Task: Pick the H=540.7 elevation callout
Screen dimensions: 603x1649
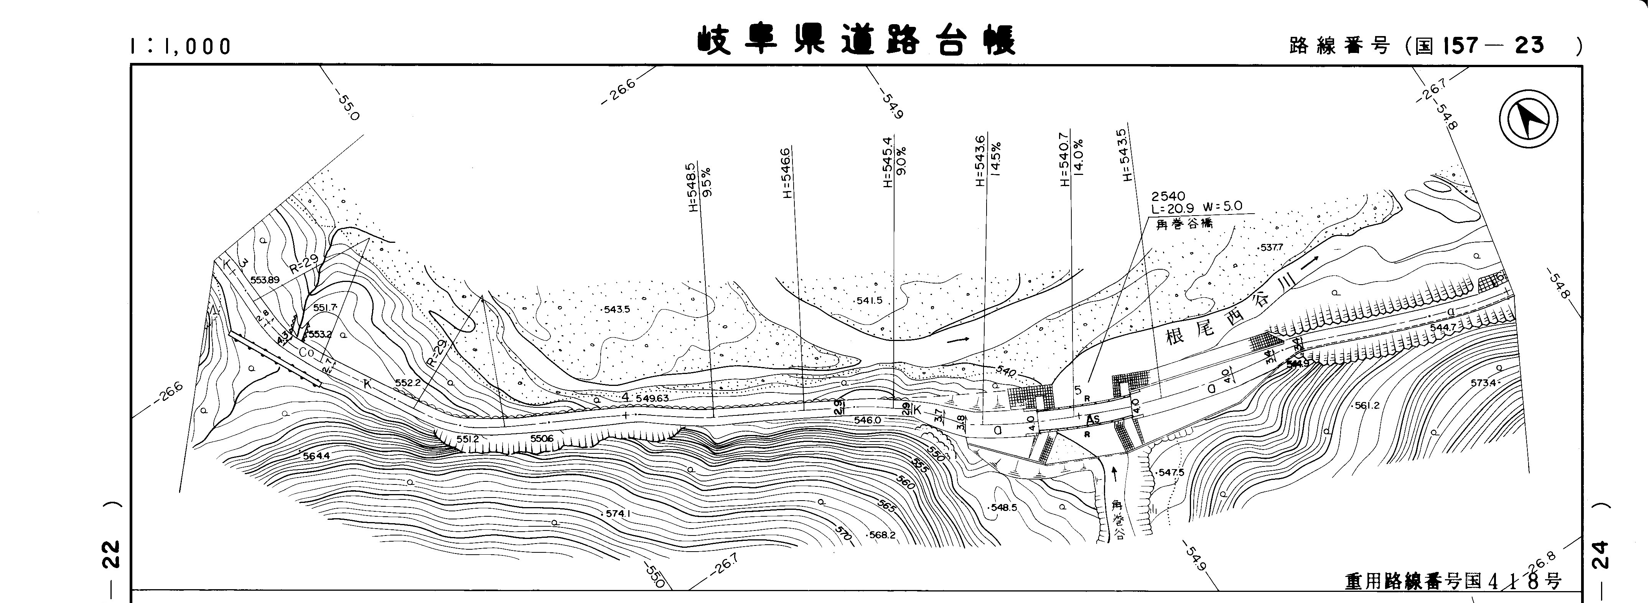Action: [x=1064, y=160]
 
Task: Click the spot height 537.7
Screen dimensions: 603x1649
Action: [x=1271, y=247]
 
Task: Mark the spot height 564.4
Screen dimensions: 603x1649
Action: [x=316, y=456]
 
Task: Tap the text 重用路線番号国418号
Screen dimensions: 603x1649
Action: [x=1453, y=581]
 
